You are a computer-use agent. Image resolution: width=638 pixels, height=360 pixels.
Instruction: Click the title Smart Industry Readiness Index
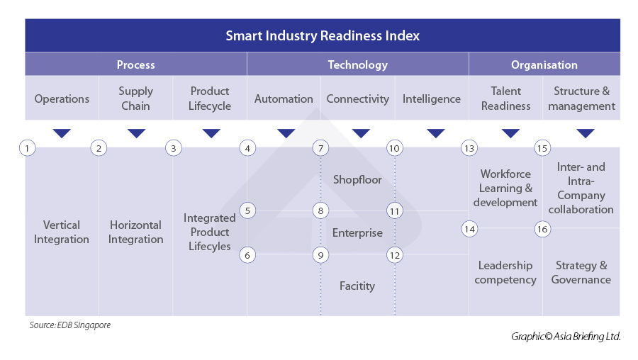[x=323, y=35]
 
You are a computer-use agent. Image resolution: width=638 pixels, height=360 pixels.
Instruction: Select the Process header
[x=135, y=64]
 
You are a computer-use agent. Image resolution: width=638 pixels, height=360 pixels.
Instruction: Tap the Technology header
[x=357, y=64]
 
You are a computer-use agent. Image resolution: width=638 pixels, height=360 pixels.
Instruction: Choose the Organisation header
[x=544, y=64]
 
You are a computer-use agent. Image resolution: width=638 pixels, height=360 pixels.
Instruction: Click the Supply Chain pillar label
[x=135, y=99]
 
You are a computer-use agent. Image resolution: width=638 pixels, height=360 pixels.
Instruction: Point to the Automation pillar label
[x=284, y=99]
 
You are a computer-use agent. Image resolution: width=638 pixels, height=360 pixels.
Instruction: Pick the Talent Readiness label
[x=505, y=99]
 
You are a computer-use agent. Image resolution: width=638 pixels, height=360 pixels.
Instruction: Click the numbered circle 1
[x=26, y=148]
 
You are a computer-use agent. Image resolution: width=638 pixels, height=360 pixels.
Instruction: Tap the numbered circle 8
[x=321, y=210]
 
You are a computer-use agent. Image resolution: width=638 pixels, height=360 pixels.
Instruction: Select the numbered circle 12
[x=395, y=255]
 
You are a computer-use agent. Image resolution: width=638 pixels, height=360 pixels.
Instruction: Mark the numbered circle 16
[x=542, y=229]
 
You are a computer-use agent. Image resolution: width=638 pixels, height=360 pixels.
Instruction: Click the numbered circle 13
[x=469, y=148]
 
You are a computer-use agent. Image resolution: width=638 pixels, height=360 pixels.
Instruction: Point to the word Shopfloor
[x=357, y=179]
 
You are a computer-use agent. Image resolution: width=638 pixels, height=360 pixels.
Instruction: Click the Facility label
[x=357, y=286]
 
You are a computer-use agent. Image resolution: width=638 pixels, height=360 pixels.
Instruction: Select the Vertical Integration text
[x=62, y=232]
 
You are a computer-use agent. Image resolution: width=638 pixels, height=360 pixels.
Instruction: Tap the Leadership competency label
[x=505, y=272]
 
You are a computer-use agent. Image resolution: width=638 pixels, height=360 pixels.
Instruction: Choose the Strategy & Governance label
[x=581, y=272]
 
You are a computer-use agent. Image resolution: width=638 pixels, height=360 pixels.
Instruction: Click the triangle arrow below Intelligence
[x=436, y=133]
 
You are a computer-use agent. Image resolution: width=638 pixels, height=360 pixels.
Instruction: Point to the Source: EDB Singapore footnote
[x=69, y=325]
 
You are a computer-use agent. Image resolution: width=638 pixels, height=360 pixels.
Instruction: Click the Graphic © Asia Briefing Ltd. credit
[x=566, y=337]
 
